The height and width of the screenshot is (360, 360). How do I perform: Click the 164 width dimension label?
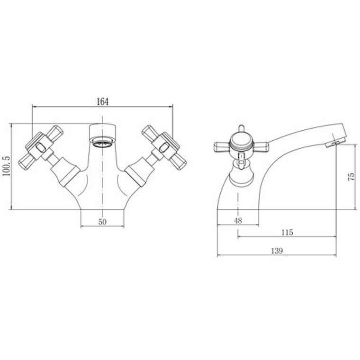click(x=102, y=102)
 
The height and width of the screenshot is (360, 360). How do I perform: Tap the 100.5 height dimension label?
click(x=7, y=166)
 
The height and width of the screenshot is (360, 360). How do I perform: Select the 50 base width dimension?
click(x=102, y=222)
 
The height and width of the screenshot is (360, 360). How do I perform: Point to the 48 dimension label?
click(x=238, y=221)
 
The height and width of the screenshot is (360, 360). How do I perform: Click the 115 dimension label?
click(x=287, y=233)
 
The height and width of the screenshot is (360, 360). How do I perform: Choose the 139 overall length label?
click(x=277, y=251)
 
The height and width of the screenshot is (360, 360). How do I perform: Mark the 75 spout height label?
click(x=351, y=176)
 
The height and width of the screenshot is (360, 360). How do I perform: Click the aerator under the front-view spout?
click(x=102, y=143)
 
